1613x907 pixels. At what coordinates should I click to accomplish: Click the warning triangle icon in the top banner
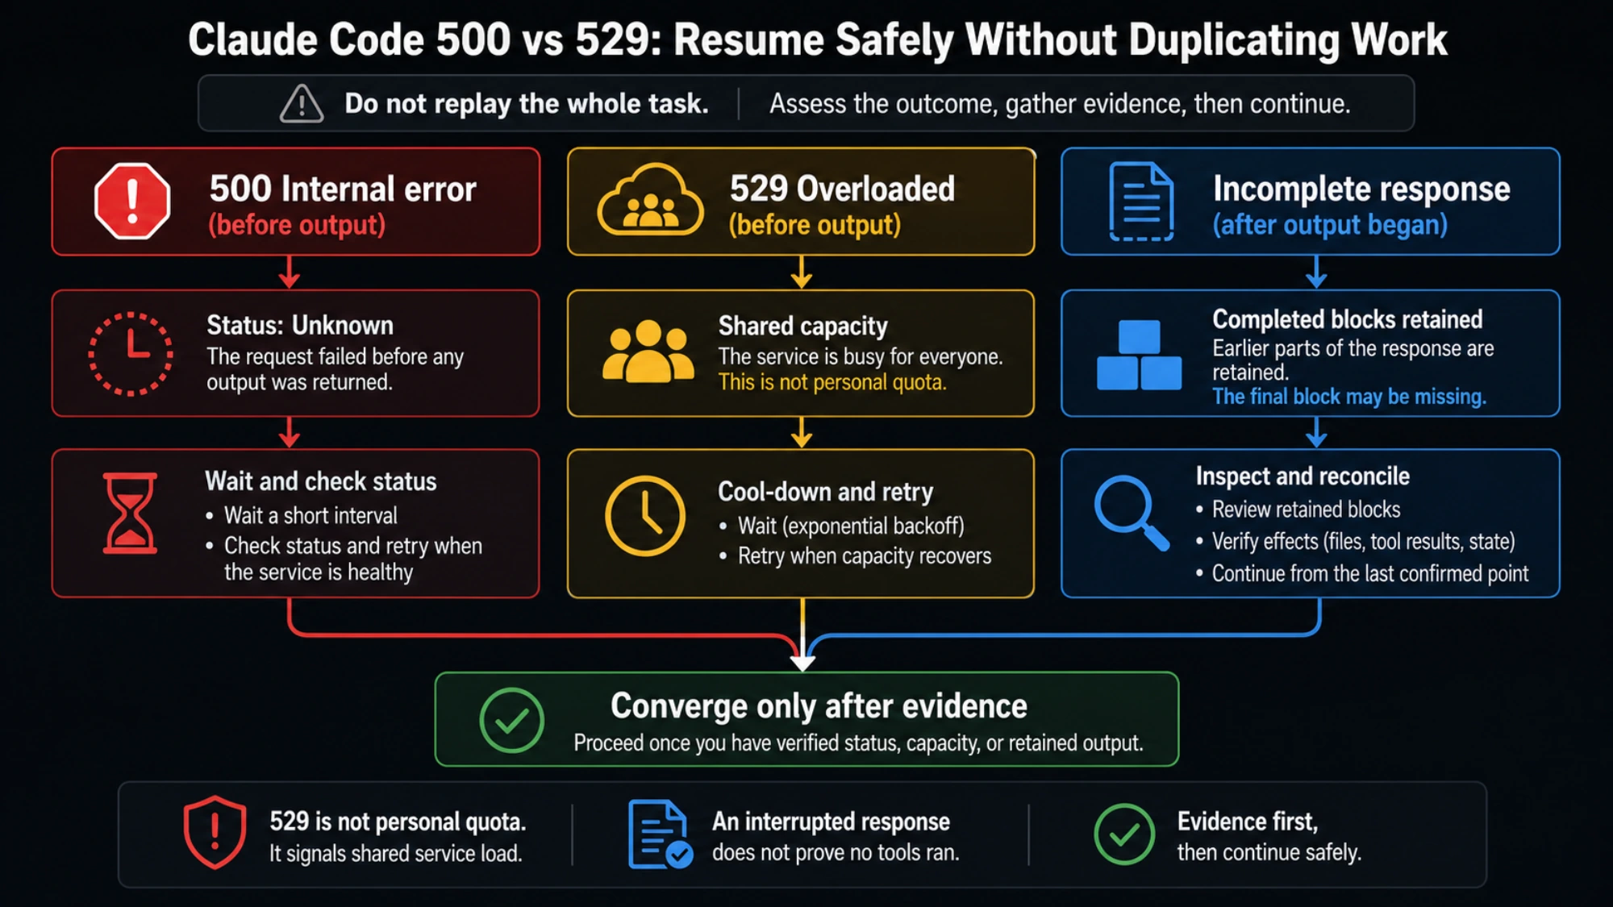302,104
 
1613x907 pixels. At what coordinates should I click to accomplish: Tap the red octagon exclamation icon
132,202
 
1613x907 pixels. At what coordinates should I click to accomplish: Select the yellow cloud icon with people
650,200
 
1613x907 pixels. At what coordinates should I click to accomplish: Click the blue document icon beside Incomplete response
1141,202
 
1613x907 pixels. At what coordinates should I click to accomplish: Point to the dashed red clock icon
130,354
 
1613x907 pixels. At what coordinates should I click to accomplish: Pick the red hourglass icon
130,513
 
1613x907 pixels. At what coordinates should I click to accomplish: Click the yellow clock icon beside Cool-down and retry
645,516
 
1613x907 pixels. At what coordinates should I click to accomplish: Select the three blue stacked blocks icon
1139,355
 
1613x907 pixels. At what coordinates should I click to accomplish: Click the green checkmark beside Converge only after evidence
511,720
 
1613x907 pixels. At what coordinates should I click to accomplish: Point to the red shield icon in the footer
215,833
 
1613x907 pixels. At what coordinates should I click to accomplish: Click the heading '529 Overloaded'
842,189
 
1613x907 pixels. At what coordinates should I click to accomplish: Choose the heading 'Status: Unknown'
300,326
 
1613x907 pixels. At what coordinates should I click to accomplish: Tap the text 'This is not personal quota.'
832,382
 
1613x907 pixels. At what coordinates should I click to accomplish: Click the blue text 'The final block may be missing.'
1349,397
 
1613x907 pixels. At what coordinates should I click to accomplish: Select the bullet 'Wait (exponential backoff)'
851,526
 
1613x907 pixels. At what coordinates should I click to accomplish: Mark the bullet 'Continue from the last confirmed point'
1370,574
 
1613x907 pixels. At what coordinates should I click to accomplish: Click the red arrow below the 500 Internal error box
290,272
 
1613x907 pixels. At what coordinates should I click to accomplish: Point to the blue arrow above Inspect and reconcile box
1316,432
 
